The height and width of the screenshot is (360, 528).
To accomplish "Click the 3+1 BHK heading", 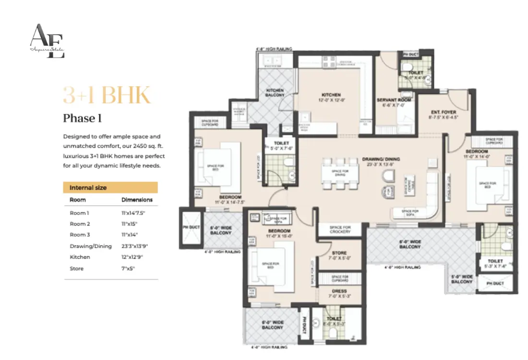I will coord(107,95).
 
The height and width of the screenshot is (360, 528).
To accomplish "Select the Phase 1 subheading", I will coord(83,118).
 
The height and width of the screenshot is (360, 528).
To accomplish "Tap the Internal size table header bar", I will coord(110,188).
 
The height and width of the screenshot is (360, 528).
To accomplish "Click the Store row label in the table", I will coord(77,268).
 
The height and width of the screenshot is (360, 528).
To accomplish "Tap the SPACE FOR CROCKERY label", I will coord(340,229).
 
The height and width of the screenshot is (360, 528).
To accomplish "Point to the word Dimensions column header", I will coord(137,200).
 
